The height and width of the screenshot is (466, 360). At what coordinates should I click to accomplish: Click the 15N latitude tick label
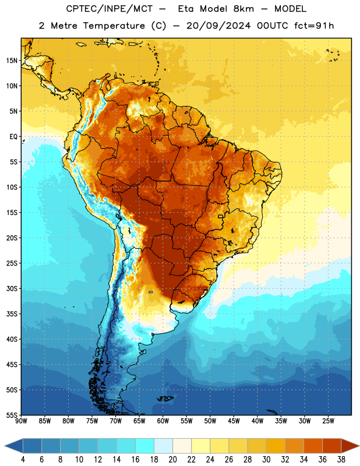[x=12, y=61]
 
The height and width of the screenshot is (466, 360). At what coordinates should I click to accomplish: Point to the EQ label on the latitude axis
[x=13, y=137]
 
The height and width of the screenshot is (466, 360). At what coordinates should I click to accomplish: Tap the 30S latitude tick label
[x=12, y=288]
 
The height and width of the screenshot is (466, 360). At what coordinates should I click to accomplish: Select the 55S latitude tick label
[x=12, y=415]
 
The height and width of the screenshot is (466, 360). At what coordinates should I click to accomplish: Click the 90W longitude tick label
[x=22, y=421]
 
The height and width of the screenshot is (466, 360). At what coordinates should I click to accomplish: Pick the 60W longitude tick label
[x=163, y=421]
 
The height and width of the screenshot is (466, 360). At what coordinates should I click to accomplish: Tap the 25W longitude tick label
[x=328, y=421]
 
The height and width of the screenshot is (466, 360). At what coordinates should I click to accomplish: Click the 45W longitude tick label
[x=234, y=421]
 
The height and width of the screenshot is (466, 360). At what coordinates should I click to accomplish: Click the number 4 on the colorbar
[x=23, y=460]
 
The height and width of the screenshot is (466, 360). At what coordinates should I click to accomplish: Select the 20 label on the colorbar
[x=172, y=460]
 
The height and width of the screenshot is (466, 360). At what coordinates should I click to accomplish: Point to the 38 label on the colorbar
[x=341, y=460]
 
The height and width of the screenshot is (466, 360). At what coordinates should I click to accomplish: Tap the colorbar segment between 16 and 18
[x=145, y=446]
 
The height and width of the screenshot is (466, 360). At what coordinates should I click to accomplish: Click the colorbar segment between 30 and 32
[x=276, y=446]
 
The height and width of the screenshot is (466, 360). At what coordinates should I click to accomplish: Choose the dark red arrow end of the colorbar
[x=350, y=446]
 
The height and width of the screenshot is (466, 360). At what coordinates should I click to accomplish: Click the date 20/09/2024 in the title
[x=218, y=26]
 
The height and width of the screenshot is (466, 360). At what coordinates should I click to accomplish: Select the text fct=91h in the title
[x=314, y=26]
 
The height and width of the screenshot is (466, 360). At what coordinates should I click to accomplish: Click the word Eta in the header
[x=186, y=9]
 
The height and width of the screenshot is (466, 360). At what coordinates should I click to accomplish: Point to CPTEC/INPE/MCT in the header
[x=109, y=9]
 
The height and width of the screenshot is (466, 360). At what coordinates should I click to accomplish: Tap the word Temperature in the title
[x=114, y=26]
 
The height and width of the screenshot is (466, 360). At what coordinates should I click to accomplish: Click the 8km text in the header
[x=243, y=9]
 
